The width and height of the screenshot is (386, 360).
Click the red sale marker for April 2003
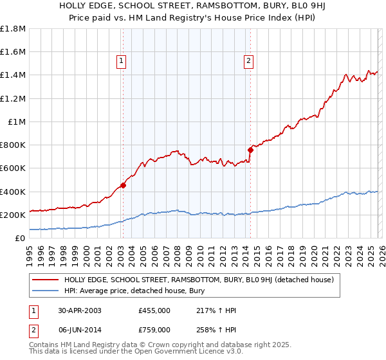point(123,185)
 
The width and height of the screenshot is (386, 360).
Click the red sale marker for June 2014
point(250,150)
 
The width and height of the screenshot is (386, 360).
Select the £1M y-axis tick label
point(17,122)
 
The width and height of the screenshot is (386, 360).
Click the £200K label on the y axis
point(13,215)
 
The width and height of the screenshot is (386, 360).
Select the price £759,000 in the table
point(154,329)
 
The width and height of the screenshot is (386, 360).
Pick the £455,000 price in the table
point(154,310)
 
